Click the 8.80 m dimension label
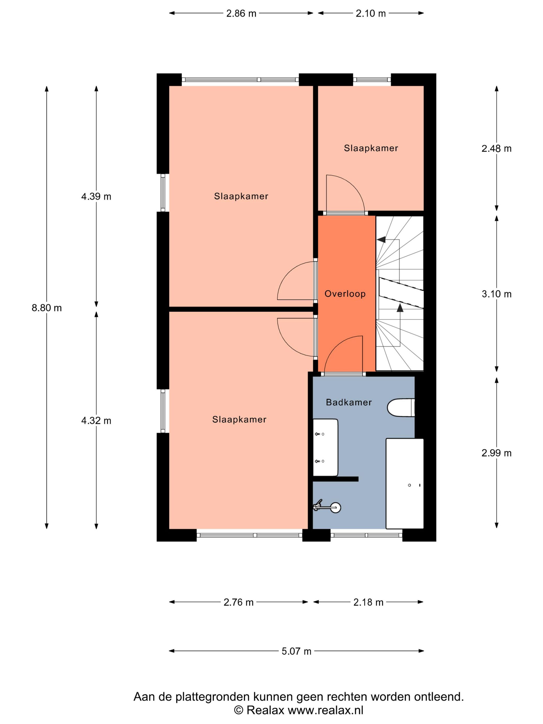coord(47,308)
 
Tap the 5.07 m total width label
coord(297,651)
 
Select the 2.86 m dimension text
coord(241,13)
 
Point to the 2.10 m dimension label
coord(371,13)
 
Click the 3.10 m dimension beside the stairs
coord(496,294)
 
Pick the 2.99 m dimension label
coord(496,453)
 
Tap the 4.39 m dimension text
coord(96,197)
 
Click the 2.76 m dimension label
coord(239,602)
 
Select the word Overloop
coord(345,294)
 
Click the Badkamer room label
coord(349,402)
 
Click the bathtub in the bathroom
coord(405,484)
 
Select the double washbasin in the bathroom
coord(325,447)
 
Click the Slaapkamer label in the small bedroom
coord(371,148)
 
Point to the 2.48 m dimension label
coord(496,149)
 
